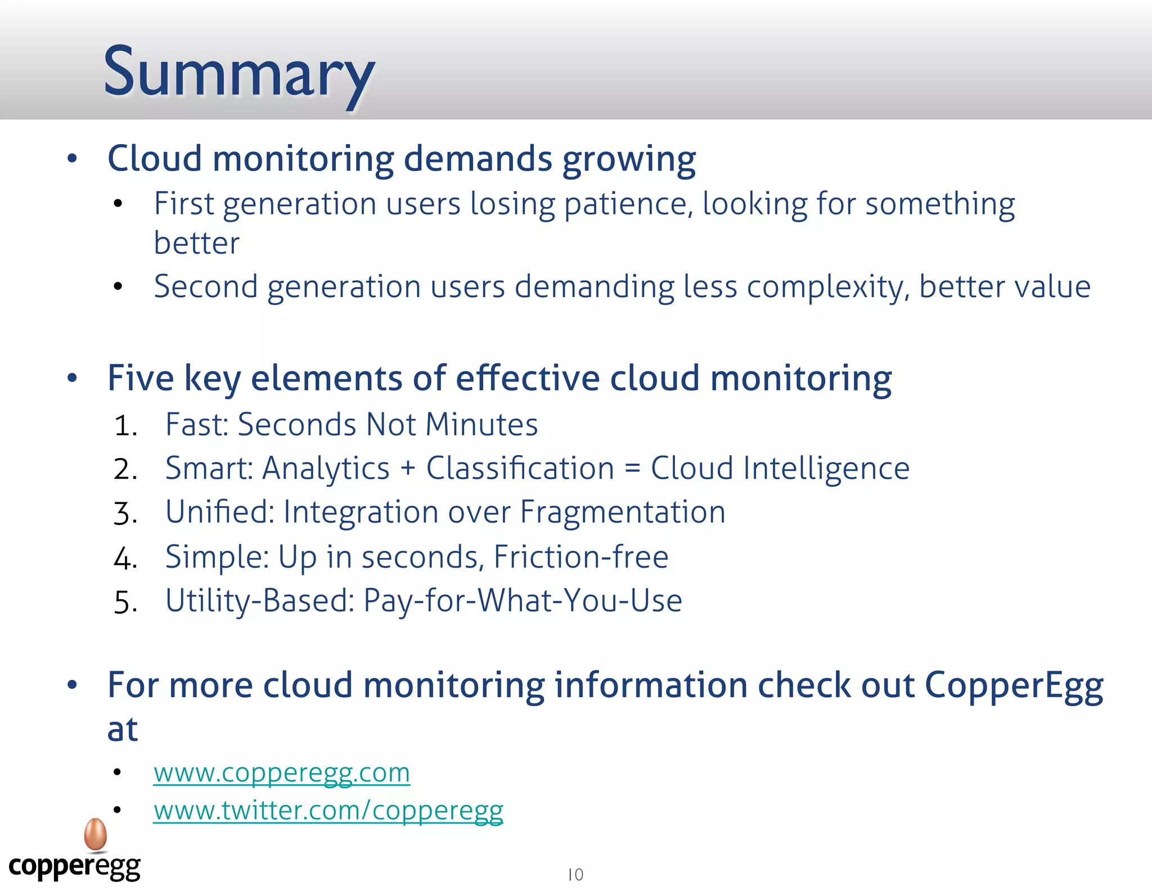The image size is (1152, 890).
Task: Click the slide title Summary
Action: (239, 73)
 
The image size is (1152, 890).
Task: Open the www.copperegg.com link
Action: (281, 773)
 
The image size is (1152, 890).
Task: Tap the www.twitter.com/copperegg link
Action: (328, 811)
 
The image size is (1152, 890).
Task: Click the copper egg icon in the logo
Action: (96, 834)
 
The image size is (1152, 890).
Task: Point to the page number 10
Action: (575, 875)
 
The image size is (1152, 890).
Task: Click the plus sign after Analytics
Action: (408, 469)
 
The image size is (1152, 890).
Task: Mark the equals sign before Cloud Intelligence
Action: (632, 469)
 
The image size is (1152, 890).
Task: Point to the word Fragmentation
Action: (623, 513)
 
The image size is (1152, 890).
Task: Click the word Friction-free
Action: (581, 557)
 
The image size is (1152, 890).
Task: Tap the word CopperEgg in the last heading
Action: (1014, 686)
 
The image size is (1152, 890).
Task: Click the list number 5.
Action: (125, 602)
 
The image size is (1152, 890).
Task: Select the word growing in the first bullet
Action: (629, 160)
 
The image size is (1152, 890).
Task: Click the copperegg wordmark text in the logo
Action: (74, 867)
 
